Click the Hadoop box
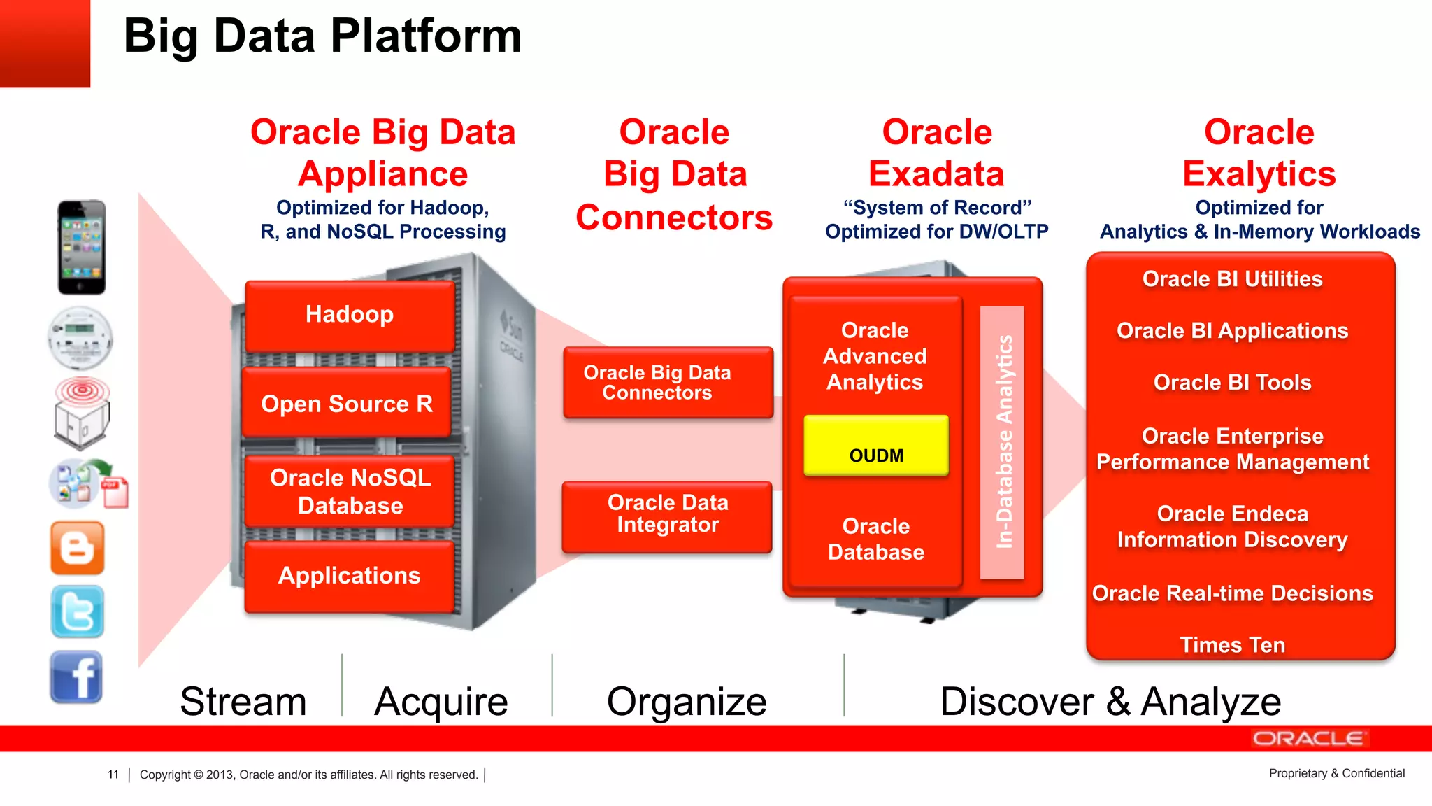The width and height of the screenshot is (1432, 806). click(x=350, y=316)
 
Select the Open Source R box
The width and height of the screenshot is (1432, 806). click(x=347, y=404)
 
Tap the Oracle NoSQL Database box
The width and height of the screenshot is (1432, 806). click(x=350, y=491)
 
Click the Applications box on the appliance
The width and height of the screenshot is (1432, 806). click(x=349, y=576)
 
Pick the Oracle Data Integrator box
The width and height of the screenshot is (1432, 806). click(x=667, y=515)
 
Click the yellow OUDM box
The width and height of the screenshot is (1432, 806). click(x=876, y=448)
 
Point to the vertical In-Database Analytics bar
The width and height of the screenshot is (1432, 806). click(x=1003, y=442)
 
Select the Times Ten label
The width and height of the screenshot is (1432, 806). click(x=1232, y=644)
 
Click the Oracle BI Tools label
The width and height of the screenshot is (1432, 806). click(x=1232, y=383)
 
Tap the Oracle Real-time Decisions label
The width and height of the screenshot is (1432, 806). click(x=1232, y=593)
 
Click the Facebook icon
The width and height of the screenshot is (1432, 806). click(x=76, y=677)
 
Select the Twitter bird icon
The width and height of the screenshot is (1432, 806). click(x=77, y=612)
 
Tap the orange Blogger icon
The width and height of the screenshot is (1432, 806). click(x=77, y=549)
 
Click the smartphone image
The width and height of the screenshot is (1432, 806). click(x=81, y=248)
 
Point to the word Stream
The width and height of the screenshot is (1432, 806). click(x=243, y=701)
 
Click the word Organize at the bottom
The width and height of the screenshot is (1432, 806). click(x=686, y=701)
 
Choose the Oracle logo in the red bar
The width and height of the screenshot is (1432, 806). click(x=1308, y=739)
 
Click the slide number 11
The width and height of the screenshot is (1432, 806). click(x=113, y=775)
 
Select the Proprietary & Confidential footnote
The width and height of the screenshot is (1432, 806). click(x=1336, y=773)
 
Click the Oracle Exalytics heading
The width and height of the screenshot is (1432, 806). click(x=1259, y=153)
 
